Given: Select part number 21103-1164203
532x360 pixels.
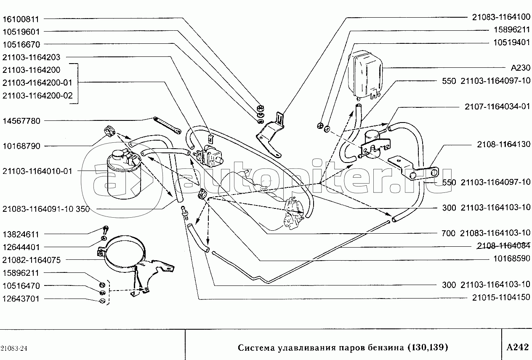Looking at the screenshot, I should click(32, 57).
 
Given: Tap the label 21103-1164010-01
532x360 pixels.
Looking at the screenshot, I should click(37, 171).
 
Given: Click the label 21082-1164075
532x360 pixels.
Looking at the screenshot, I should click(32, 261).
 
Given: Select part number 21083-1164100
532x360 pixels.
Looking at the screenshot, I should click(500, 17).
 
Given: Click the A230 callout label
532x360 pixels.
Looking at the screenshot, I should click(520, 68).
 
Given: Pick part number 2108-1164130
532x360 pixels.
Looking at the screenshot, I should click(503, 144).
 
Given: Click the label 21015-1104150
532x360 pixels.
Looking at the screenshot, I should click(500, 298).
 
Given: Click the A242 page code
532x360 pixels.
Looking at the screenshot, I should click(516, 347).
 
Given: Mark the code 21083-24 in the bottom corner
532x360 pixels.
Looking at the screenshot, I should click(14, 348).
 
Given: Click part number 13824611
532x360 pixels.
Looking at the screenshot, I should click(21, 234).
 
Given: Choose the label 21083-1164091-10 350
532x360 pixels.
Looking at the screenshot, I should click(46, 209).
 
